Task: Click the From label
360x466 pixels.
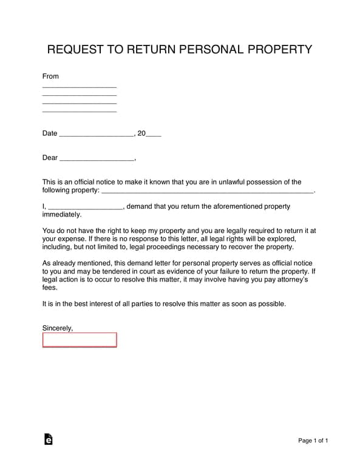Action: (50, 76)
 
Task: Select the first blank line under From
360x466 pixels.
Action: (79, 87)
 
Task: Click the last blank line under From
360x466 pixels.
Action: (79, 111)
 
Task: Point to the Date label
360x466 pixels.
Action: (50, 133)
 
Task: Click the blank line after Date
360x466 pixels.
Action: (96, 135)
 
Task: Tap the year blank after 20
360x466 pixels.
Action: (154, 135)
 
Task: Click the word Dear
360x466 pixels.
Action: (50, 158)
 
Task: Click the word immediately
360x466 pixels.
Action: (61, 214)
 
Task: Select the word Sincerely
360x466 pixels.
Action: (58, 328)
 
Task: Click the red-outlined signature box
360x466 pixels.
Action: (79, 339)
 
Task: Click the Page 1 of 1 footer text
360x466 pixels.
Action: (313, 441)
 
